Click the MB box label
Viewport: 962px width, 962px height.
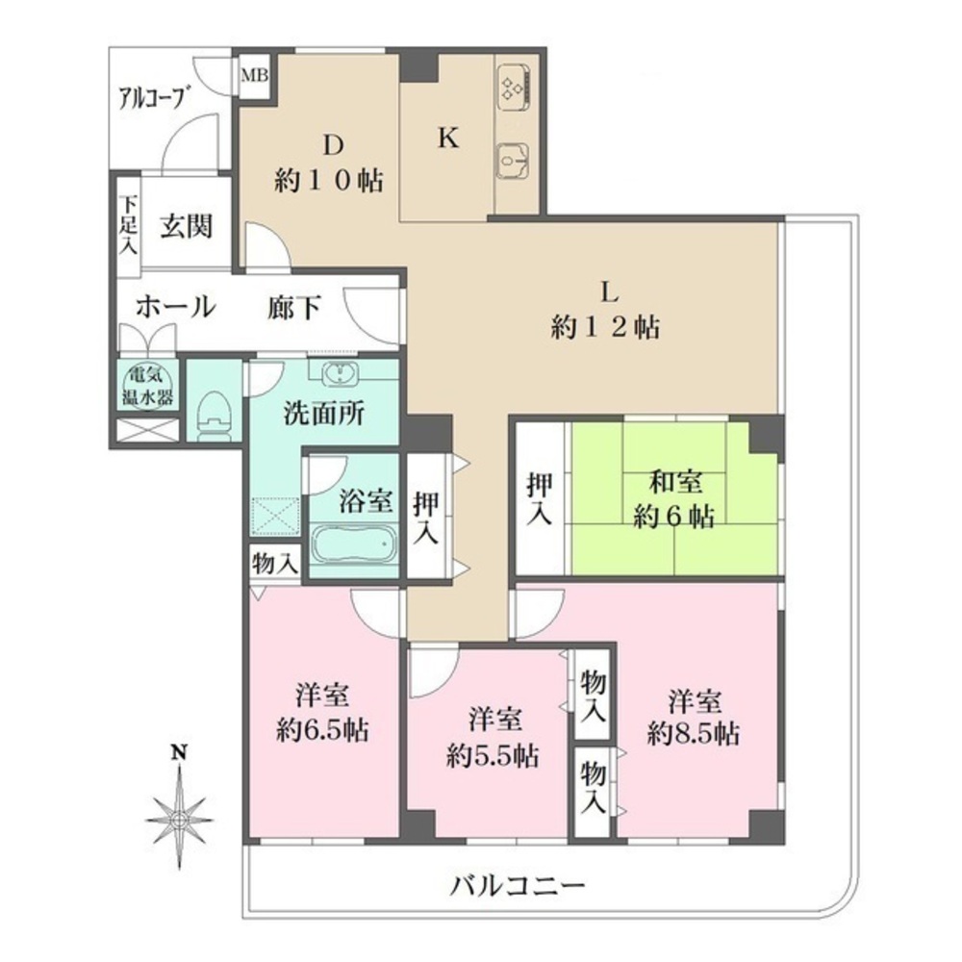pos(255,73)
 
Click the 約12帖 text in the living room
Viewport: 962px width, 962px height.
pos(605,328)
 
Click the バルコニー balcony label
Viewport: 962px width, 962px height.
pos(518,884)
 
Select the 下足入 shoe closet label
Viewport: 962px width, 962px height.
pos(128,225)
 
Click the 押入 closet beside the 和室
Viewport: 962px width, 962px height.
pos(540,498)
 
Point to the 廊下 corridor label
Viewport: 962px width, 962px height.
pos(293,308)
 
